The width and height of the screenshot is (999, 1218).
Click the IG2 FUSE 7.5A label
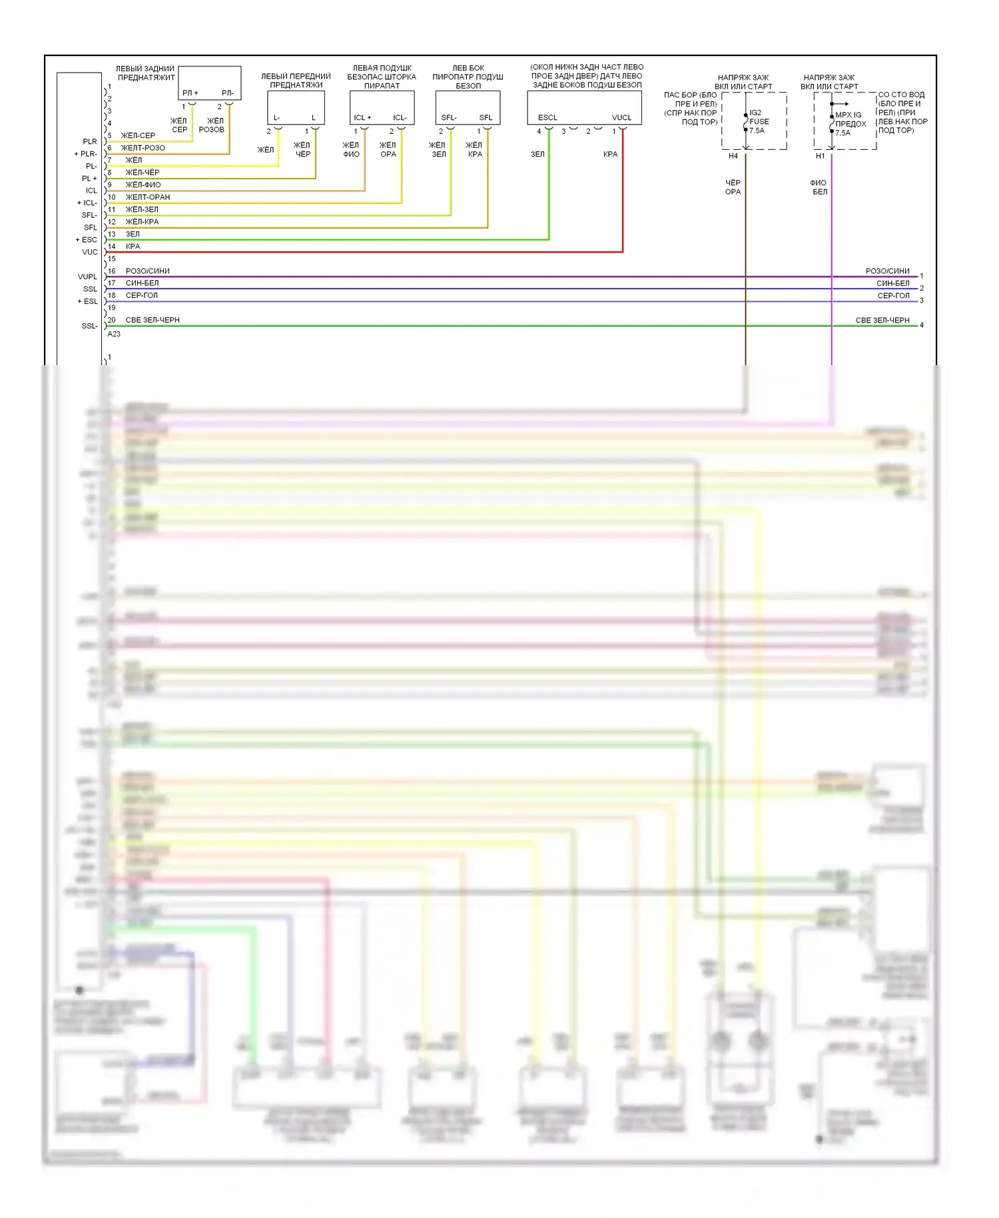759,122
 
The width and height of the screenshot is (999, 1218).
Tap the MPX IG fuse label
850,124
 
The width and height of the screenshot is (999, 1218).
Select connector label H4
733,156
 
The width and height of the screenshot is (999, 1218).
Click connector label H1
820,156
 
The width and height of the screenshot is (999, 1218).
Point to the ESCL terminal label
547,118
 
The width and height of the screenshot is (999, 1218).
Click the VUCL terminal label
621,118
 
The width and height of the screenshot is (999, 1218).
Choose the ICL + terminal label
362,118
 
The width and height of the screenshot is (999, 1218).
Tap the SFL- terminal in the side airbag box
448,118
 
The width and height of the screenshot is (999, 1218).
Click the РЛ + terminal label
190,93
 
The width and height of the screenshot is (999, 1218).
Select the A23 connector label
114,334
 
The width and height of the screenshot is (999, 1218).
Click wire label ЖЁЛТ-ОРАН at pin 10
148,197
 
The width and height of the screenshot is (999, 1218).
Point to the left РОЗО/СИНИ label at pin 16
147,271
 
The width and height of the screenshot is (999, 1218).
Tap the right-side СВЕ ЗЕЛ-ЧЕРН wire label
882,320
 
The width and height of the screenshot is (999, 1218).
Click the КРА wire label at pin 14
133,247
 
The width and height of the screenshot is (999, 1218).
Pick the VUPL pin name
87,277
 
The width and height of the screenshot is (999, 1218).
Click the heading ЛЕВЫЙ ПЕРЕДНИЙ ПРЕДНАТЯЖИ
296,81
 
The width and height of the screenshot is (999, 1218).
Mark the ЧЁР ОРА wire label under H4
733,187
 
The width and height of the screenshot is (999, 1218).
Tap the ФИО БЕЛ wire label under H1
819,187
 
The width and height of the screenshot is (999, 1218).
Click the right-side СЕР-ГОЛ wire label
893,296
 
